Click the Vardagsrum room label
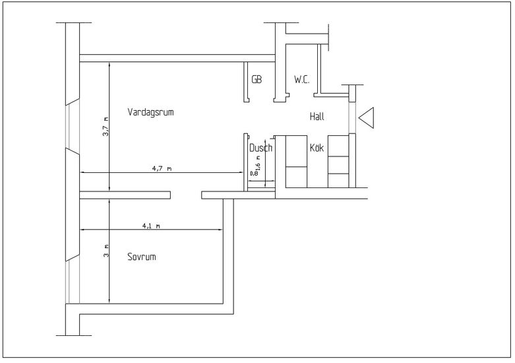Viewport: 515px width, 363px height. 150,112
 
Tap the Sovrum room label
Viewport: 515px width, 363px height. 141,257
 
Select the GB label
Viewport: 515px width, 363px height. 257,80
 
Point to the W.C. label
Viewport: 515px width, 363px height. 302,80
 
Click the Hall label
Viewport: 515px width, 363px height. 318,117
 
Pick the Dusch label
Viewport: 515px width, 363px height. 260,148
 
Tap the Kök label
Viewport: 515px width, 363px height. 317,148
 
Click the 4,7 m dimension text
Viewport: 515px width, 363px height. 162,169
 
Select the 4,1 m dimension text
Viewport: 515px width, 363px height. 151,226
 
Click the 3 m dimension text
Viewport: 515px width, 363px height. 105,251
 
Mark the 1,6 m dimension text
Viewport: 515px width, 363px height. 258,162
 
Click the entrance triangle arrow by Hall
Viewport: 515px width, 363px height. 367,117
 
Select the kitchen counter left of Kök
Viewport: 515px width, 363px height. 295,162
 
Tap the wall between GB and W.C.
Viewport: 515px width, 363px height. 280,79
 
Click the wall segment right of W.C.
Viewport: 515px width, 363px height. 318,69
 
